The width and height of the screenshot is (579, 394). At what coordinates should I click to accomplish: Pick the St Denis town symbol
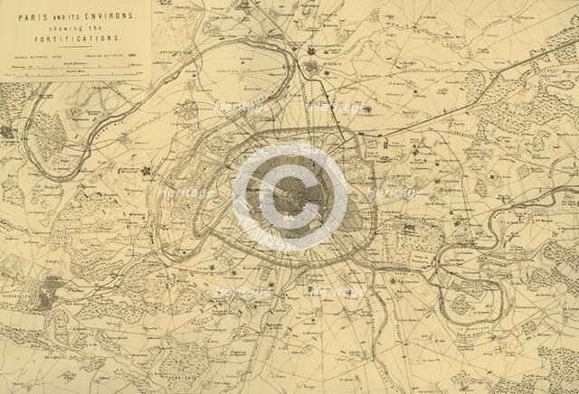click(311, 67)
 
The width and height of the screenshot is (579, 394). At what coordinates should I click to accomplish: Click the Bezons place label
click(137, 90)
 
